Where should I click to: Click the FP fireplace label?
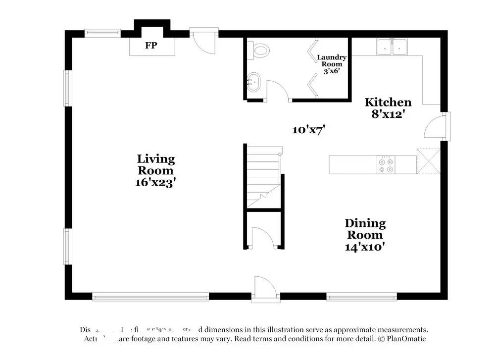click(x=151, y=46)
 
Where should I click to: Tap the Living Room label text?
click(x=156, y=165)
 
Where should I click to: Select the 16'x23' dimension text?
click(x=156, y=182)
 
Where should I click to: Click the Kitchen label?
click(x=388, y=103)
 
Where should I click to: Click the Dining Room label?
click(x=365, y=229)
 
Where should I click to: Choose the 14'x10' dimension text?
click(x=365, y=246)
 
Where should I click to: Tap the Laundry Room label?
click(x=332, y=61)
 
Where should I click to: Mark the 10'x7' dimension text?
click(x=308, y=130)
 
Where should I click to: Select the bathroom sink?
click(x=253, y=81)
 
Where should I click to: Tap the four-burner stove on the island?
click(x=386, y=165)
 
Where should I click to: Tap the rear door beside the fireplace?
click(x=204, y=42)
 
